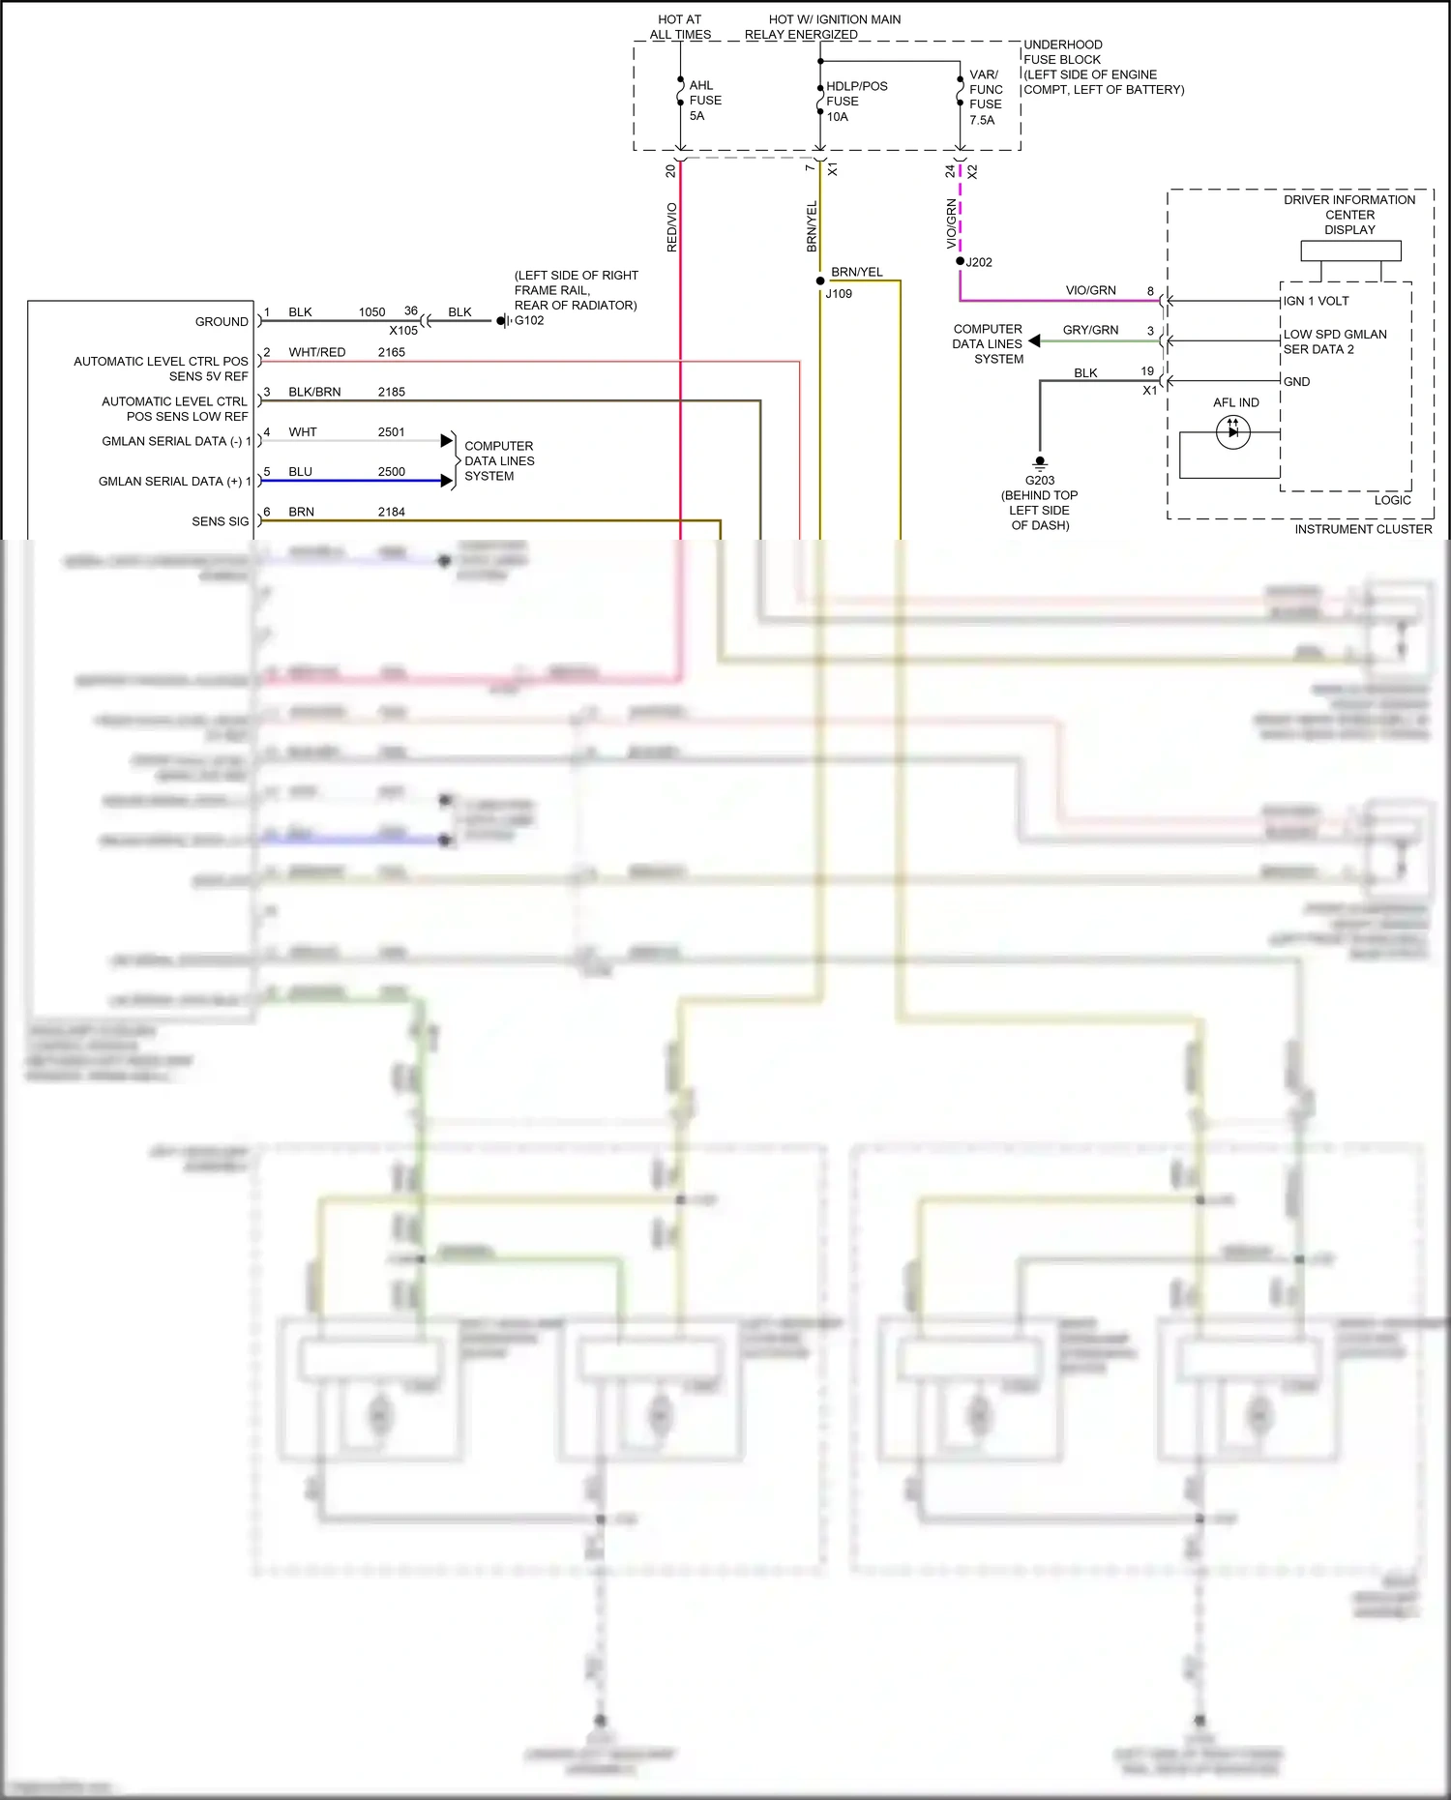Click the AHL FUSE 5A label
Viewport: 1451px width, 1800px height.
[x=704, y=101]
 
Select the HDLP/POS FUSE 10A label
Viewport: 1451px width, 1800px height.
[x=855, y=101]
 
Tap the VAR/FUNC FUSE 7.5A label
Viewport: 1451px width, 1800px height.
[x=985, y=97]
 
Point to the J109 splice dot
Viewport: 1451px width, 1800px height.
[x=820, y=281]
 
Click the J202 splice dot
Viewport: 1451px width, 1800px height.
[x=960, y=261]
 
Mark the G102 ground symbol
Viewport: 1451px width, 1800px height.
[x=503, y=321]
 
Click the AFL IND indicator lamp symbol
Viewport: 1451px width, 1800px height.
[x=1232, y=431]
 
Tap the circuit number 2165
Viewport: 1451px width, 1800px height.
[x=391, y=352]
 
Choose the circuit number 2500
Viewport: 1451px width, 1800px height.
[x=391, y=472]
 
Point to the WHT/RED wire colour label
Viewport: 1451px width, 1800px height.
[x=316, y=352]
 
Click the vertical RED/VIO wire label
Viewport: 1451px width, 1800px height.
[x=672, y=227]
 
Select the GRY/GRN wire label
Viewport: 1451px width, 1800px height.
[x=1090, y=330]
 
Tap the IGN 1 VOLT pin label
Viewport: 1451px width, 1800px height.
[x=1316, y=301]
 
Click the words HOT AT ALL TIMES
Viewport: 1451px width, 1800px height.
[x=680, y=26]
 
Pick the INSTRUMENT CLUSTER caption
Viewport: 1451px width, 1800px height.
[x=1363, y=529]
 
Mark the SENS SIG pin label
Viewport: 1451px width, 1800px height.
[x=220, y=521]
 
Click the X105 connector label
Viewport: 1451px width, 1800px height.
[x=403, y=330]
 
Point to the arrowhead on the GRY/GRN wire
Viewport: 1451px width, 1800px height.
[x=1034, y=340]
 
